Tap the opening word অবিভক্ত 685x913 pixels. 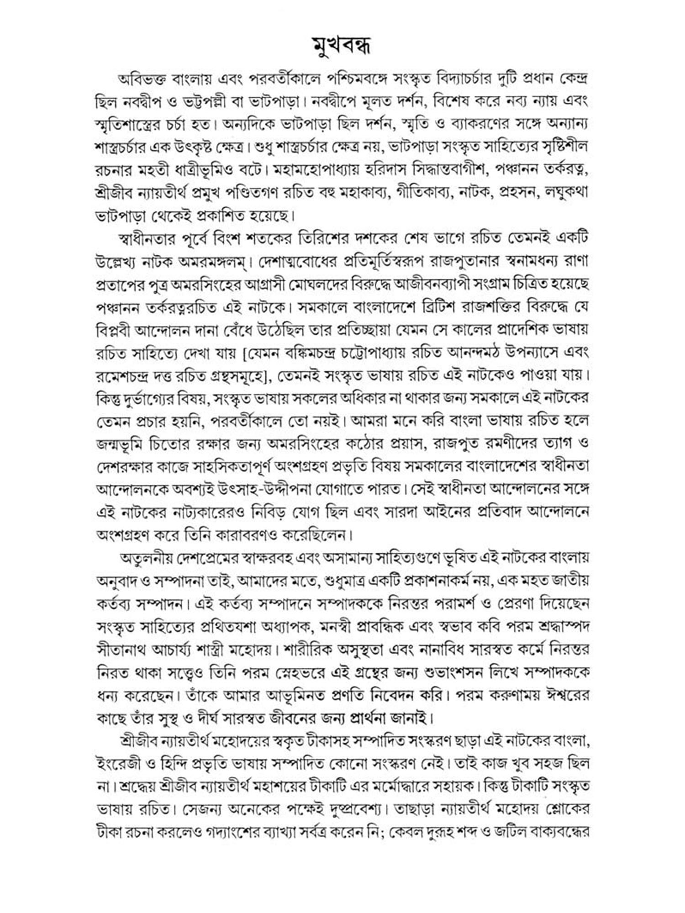point(143,79)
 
